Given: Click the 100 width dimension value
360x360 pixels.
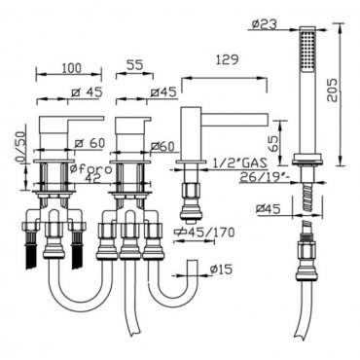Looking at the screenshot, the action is click(x=72, y=68).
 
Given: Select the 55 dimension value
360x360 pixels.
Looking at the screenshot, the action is click(x=134, y=65).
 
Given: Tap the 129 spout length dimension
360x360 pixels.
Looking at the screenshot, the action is click(x=227, y=59).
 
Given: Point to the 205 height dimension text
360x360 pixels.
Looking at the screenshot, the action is click(x=333, y=90).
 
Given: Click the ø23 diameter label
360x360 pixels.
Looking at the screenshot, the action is click(x=265, y=24).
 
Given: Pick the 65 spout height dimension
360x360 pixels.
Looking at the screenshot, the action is click(x=272, y=144).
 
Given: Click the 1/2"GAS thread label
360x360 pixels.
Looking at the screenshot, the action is click(x=239, y=162).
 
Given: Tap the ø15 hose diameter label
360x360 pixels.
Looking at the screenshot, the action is click(x=221, y=269).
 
